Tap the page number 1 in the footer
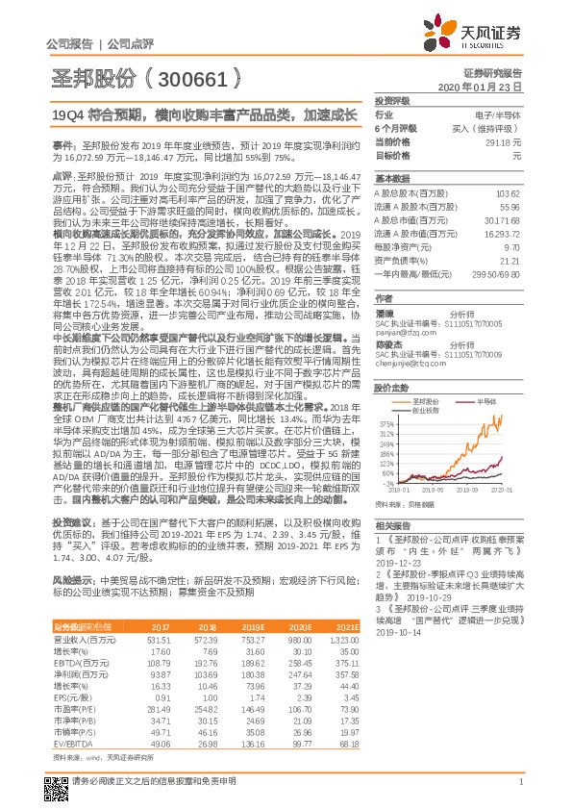pos(520,790)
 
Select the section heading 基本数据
pos(389,179)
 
